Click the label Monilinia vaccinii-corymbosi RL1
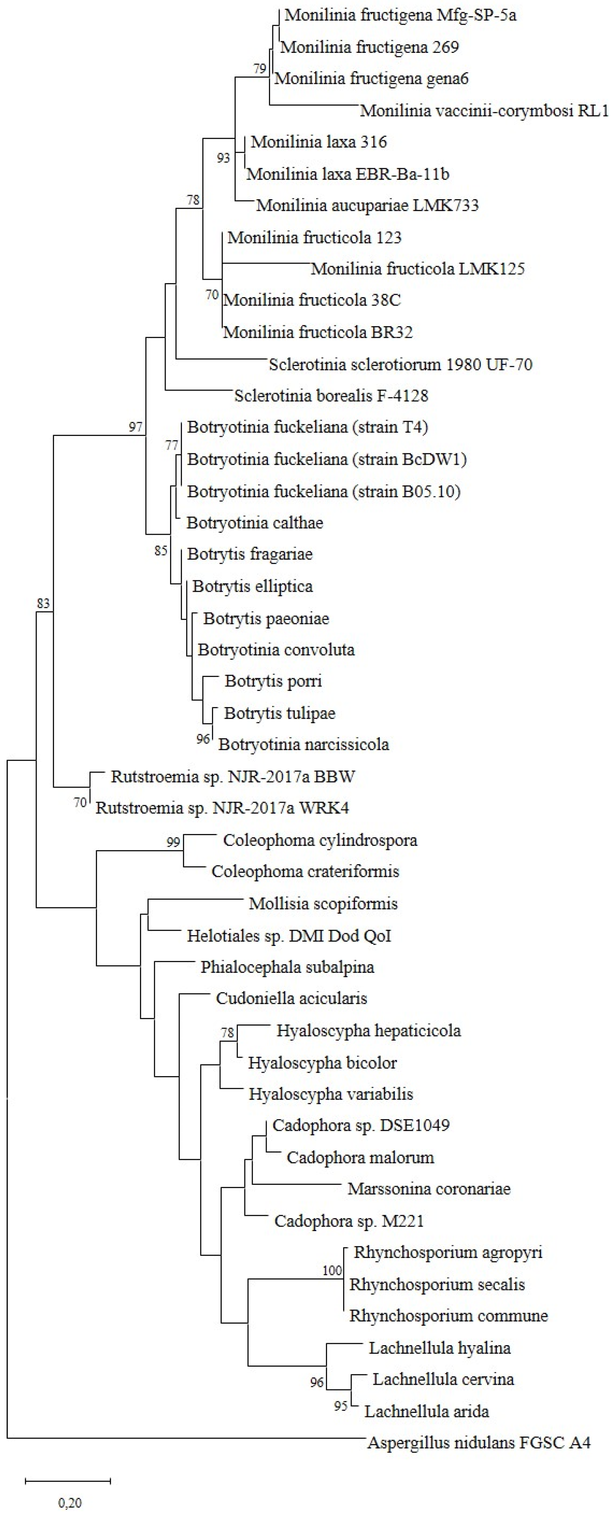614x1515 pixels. click(484, 111)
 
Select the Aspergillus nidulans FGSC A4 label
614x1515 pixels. click(479, 1442)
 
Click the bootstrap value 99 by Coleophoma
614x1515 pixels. click(173, 842)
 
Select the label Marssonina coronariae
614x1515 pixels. click(429, 1189)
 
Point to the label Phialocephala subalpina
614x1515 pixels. click(287, 967)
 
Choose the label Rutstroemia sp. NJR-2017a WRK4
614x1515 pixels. click(222, 808)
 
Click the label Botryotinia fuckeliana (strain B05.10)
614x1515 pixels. click(324, 491)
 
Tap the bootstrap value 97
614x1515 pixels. click(136, 427)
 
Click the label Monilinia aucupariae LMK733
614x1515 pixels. click(367, 205)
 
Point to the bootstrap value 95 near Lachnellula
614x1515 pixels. click(341, 1406)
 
